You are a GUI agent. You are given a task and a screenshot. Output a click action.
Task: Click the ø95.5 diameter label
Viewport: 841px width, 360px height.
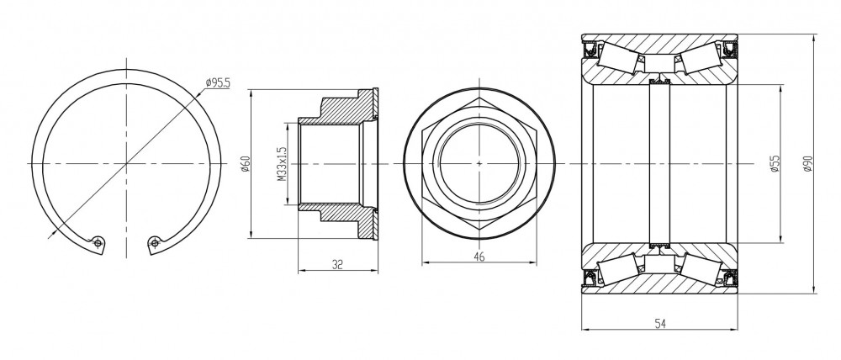pos(218,82)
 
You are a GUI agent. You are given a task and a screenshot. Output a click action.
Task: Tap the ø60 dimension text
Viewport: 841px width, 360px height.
pos(246,164)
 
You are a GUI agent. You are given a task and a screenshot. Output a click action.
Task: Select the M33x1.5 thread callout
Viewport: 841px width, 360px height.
pos(282,164)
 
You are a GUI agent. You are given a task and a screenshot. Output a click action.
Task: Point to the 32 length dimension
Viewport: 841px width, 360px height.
pos(337,264)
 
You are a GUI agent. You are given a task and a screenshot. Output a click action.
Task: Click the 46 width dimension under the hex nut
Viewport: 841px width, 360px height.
pos(479,257)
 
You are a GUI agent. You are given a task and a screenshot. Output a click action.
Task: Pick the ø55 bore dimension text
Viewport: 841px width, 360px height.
pos(774,164)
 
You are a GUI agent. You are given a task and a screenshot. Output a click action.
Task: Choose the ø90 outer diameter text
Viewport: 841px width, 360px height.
pos(808,164)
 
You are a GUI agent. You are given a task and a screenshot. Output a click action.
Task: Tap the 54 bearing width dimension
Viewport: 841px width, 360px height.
pos(660,324)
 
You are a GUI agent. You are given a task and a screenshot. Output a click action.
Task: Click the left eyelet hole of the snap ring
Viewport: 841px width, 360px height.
pos(97,243)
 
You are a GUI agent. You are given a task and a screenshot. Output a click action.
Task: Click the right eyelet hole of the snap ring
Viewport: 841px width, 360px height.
pos(155,244)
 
